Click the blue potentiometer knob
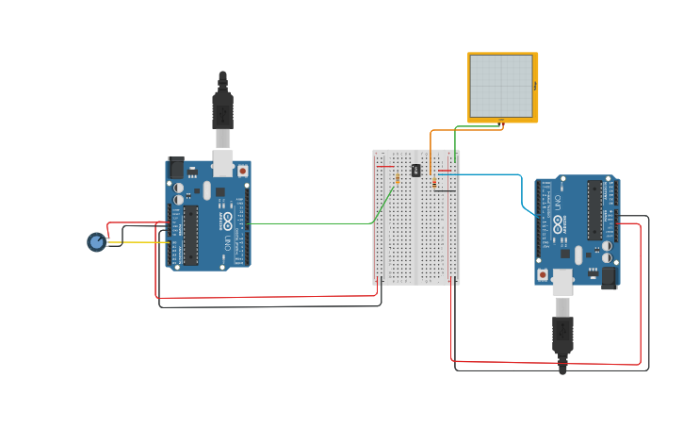pos(96,242)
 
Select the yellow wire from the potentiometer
pos(141,243)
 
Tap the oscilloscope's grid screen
pos(501,85)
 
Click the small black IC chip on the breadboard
pos(415,171)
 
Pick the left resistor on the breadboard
pos(398,177)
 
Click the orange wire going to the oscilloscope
pos(431,151)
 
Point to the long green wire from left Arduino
pos(311,223)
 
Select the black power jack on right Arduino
pos(609,277)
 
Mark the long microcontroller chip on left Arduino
pos(191,235)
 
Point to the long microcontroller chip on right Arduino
pos(594,209)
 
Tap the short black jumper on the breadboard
pos(446,191)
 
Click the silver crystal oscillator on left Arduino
pos(206,190)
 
